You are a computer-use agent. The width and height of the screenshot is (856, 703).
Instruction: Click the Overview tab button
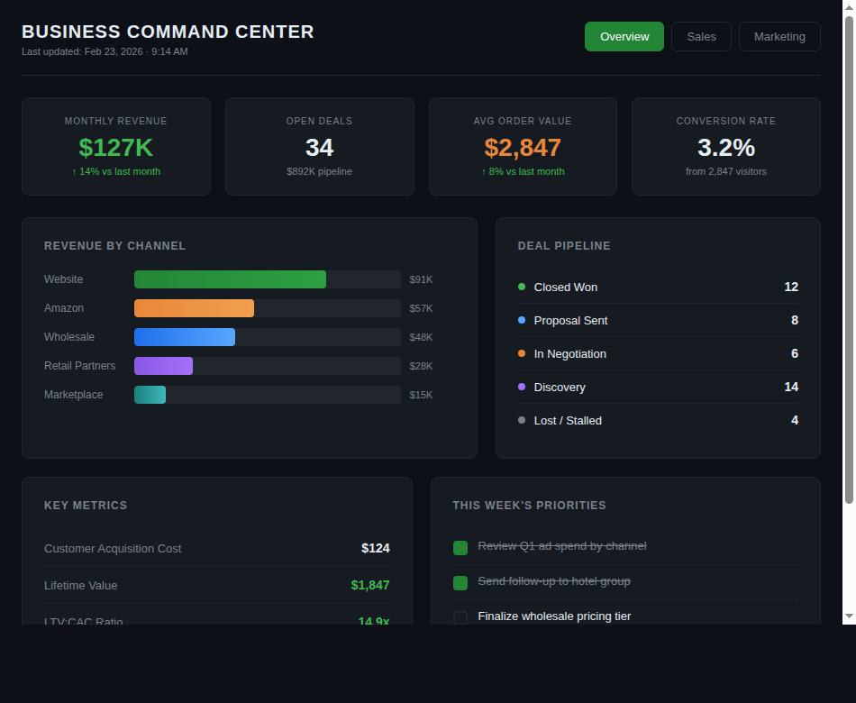pos(624,37)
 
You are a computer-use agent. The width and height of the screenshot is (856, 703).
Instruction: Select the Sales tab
pos(701,37)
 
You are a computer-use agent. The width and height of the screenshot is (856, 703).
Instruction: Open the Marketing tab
pos(779,37)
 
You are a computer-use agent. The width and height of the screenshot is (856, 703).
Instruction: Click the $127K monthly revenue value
pos(116,148)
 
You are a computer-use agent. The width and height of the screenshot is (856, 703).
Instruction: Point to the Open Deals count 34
pos(319,148)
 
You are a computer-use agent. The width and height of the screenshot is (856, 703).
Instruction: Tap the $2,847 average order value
pos(523,148)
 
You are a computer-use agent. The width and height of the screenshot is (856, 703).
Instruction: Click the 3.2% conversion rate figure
pos(725,148)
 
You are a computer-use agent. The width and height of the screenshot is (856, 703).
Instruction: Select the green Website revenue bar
pos(230,279)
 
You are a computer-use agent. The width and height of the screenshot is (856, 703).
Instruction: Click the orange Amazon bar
pos(194,308)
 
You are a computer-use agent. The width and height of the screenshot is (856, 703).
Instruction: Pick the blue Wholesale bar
pos(185,337)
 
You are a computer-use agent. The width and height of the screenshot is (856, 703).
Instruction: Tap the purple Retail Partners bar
pos(163,366)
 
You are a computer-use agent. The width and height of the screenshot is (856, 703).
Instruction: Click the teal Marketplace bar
pos(150,395)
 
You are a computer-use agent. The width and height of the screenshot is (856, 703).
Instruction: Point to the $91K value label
pos(421,279)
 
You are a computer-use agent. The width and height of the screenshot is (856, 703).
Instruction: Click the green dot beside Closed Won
pos(522,287)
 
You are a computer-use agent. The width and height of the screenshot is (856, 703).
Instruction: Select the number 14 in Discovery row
pos(791,387)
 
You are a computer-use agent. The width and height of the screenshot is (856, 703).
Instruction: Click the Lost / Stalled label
pos(568,421)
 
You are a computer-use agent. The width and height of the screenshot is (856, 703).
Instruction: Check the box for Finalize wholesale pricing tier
pos(460,617)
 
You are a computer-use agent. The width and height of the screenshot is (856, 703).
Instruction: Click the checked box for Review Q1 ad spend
pos(460,547)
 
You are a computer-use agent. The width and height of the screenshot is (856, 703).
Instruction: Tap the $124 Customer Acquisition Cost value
pos(375,548)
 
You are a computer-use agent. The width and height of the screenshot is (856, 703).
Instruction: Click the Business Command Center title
pos(168,32)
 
